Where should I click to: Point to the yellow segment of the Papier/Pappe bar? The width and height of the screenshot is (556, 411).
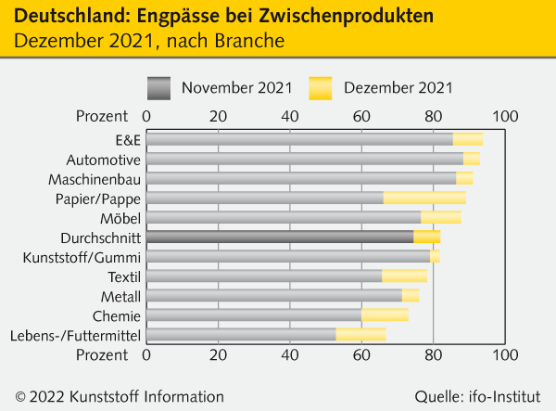coord(424,198)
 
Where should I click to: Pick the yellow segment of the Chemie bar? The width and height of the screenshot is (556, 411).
coord(385,315)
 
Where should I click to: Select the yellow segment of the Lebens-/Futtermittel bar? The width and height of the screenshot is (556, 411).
coord(360,335)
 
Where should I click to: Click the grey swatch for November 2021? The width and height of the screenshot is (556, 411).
coord(159,87)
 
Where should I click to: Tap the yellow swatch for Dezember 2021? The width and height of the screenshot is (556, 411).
coord(320,87)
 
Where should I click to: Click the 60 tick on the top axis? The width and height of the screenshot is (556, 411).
coord(361,116)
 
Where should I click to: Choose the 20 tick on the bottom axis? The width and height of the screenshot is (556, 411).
coord(218,354)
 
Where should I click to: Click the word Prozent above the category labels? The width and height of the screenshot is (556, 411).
coord(101,116)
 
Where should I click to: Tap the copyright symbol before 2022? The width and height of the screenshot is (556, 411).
coord(19,396)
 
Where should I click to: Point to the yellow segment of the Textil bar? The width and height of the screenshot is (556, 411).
coord(404,276)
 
